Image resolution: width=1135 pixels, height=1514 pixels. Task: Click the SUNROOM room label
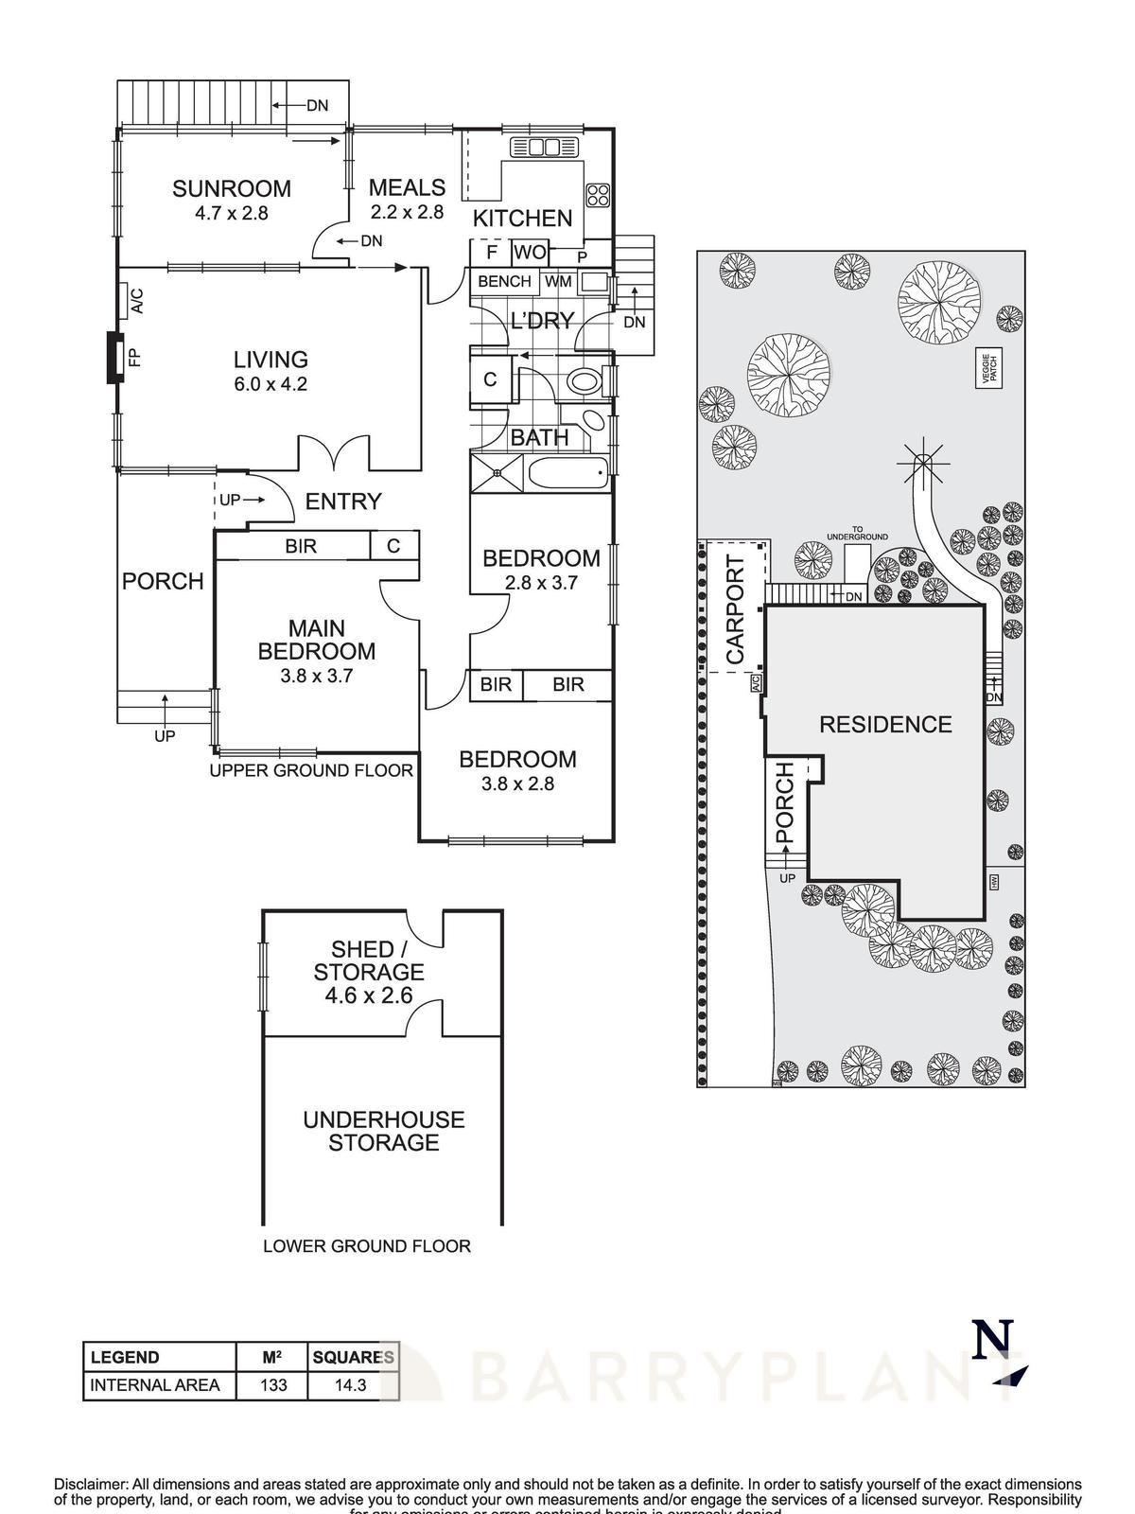(x=231, y=188)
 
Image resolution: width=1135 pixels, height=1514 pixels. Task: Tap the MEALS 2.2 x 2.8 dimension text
(x=407, y=212)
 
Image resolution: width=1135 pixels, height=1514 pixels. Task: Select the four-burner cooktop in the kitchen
(x=598, y=195)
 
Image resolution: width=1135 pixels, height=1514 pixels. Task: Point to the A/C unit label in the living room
(x=134, y=301)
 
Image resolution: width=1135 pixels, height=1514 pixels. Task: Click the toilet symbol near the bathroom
(x=583, y=382)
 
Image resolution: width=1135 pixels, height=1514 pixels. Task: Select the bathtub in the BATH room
(x=567, y=473)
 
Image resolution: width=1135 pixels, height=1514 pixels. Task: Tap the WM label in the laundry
(x=558, y=281)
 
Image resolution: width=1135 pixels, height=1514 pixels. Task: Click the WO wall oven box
(x=530, y=252)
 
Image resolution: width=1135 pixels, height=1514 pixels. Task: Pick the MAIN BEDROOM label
(x=316, y=640)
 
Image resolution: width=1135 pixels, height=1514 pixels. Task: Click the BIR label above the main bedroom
(x=301, y=546)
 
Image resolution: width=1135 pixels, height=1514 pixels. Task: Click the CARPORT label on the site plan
(x=735, y=609)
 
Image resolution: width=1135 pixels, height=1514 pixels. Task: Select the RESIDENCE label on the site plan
(x=884, y=725)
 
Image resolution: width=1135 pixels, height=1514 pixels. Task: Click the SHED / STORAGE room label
(x=368, y=960)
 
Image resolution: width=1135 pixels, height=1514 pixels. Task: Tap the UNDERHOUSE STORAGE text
(x=383, y=1131)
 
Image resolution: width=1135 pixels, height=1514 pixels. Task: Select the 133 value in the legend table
(x=272, y=1385)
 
